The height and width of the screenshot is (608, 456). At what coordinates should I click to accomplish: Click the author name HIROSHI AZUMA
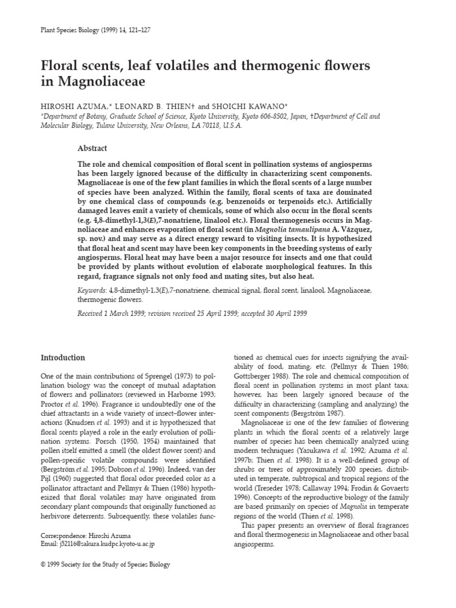(x=69, y=105)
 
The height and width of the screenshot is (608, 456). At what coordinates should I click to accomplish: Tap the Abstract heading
(x=94, y=148)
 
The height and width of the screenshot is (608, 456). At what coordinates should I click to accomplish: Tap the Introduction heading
(x=62, y=357)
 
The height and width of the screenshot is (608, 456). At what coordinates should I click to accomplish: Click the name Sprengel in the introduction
(x=147, y=376)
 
